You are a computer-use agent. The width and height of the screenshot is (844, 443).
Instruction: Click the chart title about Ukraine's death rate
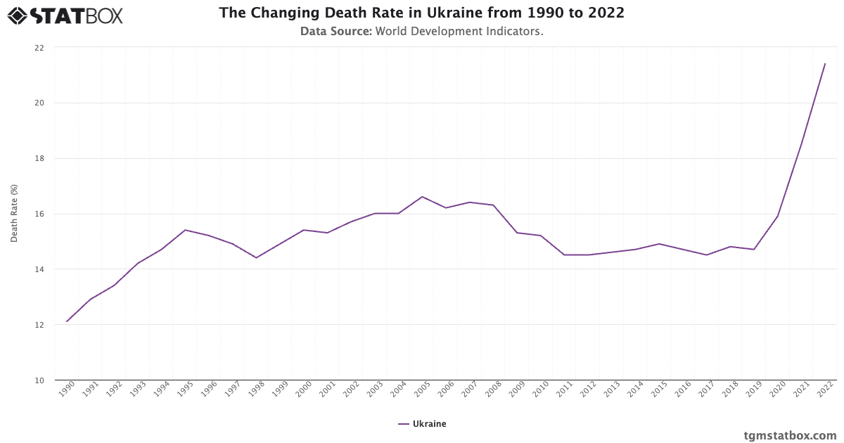pos(421,13)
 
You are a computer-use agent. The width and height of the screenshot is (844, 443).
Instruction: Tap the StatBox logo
pos(65,15)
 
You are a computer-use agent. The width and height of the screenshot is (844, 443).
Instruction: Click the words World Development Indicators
pos(459,32)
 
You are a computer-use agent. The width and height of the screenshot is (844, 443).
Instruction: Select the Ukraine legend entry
pos(422,424)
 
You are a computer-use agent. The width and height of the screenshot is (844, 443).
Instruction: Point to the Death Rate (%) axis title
pos(14,214)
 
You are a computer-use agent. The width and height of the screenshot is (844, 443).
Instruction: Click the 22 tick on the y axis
pos(39,48)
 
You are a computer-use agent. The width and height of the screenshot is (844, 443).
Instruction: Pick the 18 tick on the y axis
pos(39,158)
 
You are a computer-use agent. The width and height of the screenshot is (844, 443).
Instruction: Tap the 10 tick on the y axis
pos(39,380)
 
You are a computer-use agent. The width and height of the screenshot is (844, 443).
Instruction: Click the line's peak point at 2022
pos(825,64)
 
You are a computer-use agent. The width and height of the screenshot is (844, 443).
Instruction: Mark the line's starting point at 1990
pos(67,321)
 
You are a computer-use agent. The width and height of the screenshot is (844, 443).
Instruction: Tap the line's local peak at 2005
pos(422,197)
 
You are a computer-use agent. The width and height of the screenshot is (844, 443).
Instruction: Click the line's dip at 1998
pos(256,257)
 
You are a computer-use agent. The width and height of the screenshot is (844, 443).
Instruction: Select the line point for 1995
pos(185,230)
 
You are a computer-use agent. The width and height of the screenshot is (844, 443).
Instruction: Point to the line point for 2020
pos(777,216)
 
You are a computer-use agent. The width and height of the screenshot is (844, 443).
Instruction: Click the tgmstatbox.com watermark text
pos(790,435)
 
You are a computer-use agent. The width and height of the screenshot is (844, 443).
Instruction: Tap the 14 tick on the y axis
pos(39,269)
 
